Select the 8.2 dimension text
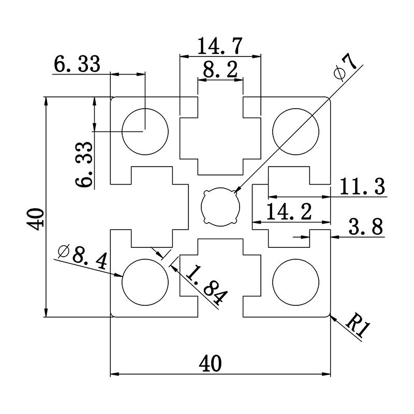click(x=220, y=70)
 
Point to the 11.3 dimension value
click(x=363, y=187)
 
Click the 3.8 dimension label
click(x=365, y=227)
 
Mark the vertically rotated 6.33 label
click(x=84, y=164)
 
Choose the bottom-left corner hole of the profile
click(x=145, y=282)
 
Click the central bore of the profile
click(x=220, y=206)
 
